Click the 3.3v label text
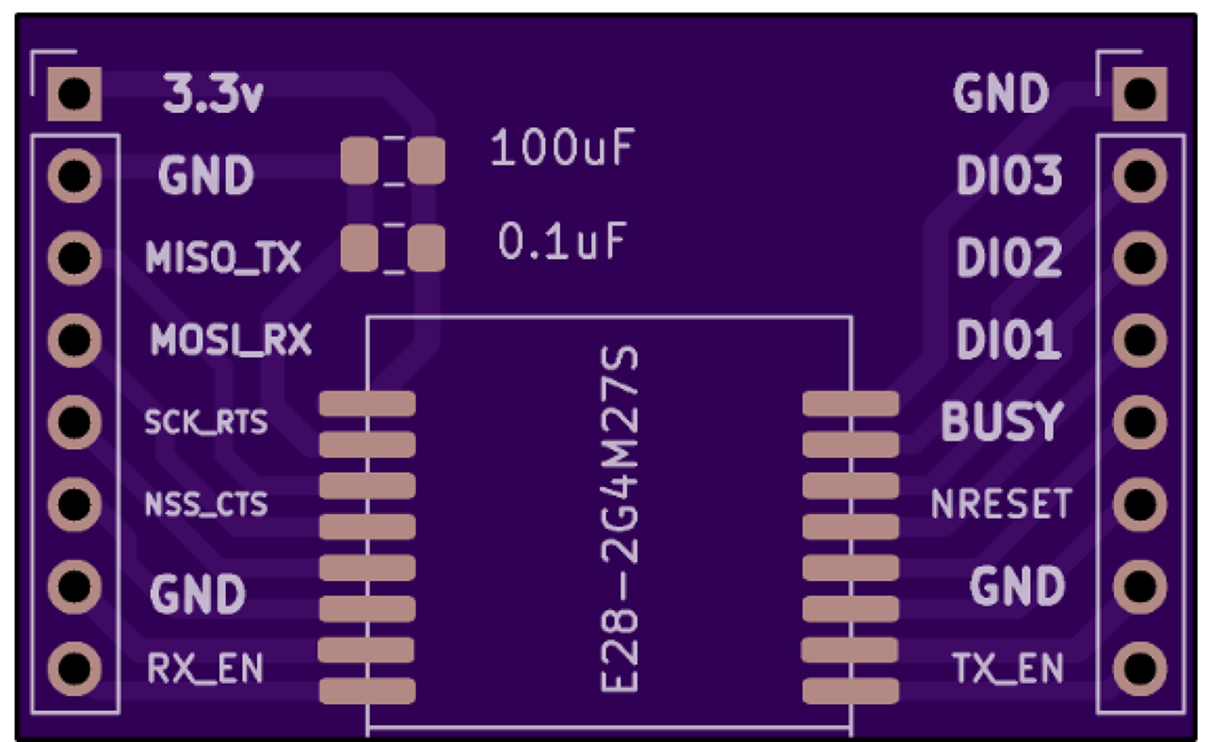pos(213,95)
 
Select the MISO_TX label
pos(223,257)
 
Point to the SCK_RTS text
pos(205,422)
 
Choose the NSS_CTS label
pos(205,505)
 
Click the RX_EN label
pos(205,669)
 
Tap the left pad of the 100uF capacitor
pos(359,161)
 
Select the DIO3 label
pos(1009,176)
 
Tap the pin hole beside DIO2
pos(1139,256)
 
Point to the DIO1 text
pos(1009,340)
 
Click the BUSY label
pos(1002,423)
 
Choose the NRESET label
pos(1001,505)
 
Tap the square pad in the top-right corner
pos(1139,93)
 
